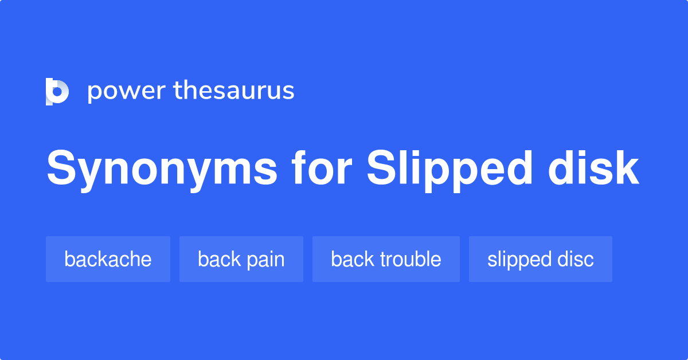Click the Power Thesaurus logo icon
click(x=57, y=91)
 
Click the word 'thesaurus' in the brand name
click(x=234, y=91)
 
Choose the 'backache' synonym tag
click(x=108, y=259)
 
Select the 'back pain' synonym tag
click(x=241, y=259)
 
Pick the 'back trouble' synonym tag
click(x=386, y=259)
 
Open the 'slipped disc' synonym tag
click(x=540, y=259)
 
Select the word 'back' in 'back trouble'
click(x=350, y=259)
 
